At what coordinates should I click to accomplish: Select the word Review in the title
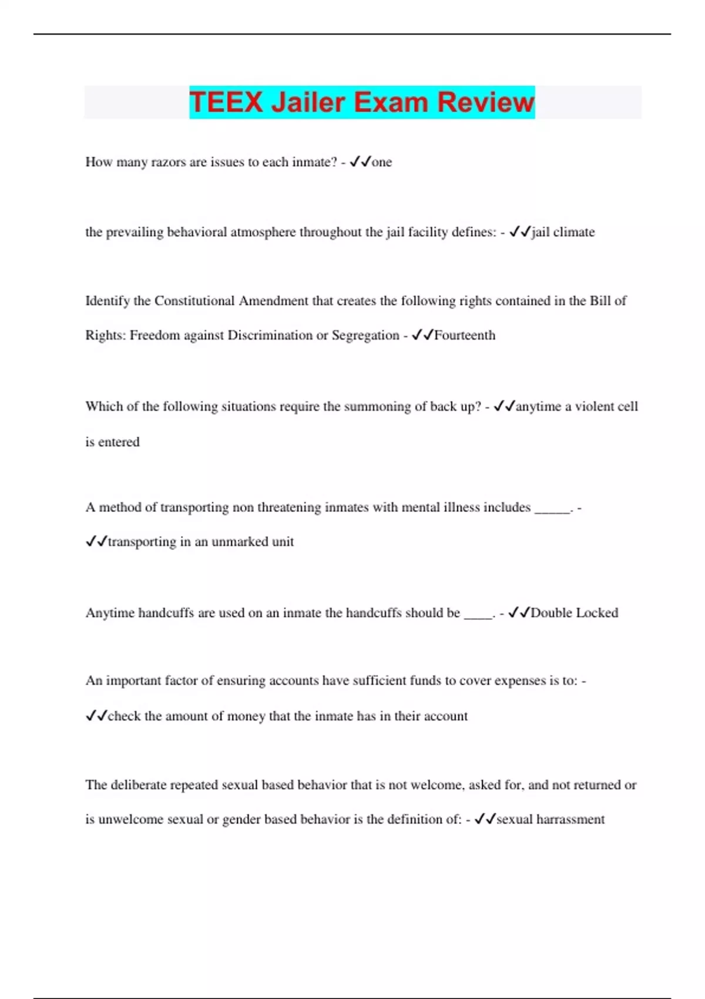tap(486, 102)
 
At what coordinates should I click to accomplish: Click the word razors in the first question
tap(169, 162)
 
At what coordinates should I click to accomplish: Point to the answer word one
tap(382, 162)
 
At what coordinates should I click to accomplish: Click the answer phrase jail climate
tap(563, 232)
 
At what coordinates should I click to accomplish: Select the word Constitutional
tap(194, 301)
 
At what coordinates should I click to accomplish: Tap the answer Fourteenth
tap(465, 336)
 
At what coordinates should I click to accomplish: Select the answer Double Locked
tap(574, 613)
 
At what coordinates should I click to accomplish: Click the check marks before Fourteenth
tap(422, 336)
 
